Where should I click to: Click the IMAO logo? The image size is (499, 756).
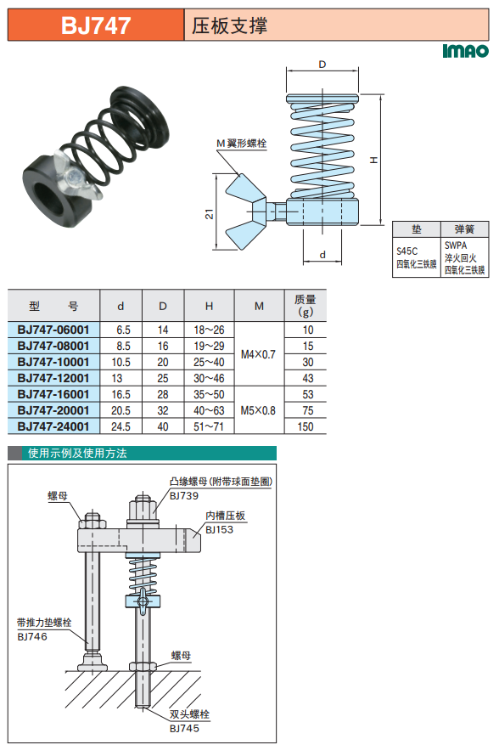(x=465, y=51)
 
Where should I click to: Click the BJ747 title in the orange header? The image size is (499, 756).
(x=96, y=25)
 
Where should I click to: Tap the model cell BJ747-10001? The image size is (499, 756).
(x=53, y=362)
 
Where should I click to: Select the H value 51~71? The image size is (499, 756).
(x=209, y=426)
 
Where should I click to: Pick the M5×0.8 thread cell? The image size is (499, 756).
(x=258, y=411)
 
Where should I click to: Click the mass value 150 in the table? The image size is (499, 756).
(x=306, y=426)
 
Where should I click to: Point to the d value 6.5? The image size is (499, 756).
(x=123, y=330)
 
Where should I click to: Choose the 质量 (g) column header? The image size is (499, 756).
(x=306, y=306)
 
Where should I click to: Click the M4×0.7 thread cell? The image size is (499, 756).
(x=258, y=354)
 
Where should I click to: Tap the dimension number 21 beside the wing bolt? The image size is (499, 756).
(x=209, y=214)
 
